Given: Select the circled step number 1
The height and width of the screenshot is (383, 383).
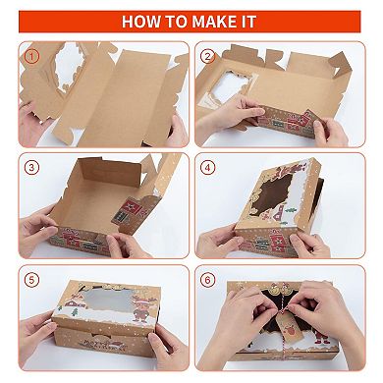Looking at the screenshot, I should (x=30, y=57).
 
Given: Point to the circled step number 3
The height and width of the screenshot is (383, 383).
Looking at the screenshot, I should (x=30, y=167).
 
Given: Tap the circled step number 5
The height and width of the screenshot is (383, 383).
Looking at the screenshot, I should (x=30, y=280).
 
